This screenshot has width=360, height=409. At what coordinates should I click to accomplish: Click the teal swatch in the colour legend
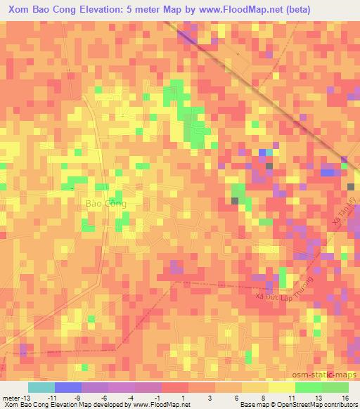[x=41, y=387]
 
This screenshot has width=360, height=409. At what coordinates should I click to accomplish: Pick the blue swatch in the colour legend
[x=67, y=387]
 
